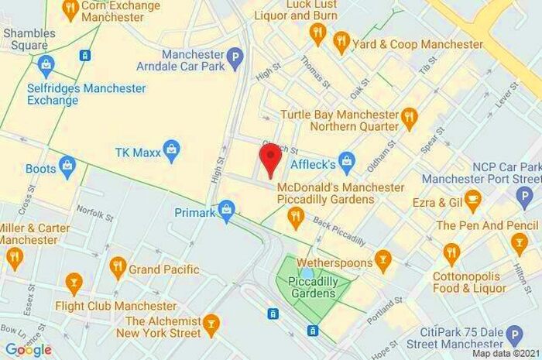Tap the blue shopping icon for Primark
tap(226, 209)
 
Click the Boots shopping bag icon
tap(67, 166)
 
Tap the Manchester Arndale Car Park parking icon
tap(235, 57)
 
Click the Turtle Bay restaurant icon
tap(410, 118)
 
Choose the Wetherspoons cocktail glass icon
tap(382, 259)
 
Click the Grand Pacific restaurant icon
tap(118, 268)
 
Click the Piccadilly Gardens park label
tap(313, 287)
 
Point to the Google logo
tap(28, 349)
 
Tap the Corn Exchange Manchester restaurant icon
tap(70, 9)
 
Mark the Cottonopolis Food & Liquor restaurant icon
tap(451, 252)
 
